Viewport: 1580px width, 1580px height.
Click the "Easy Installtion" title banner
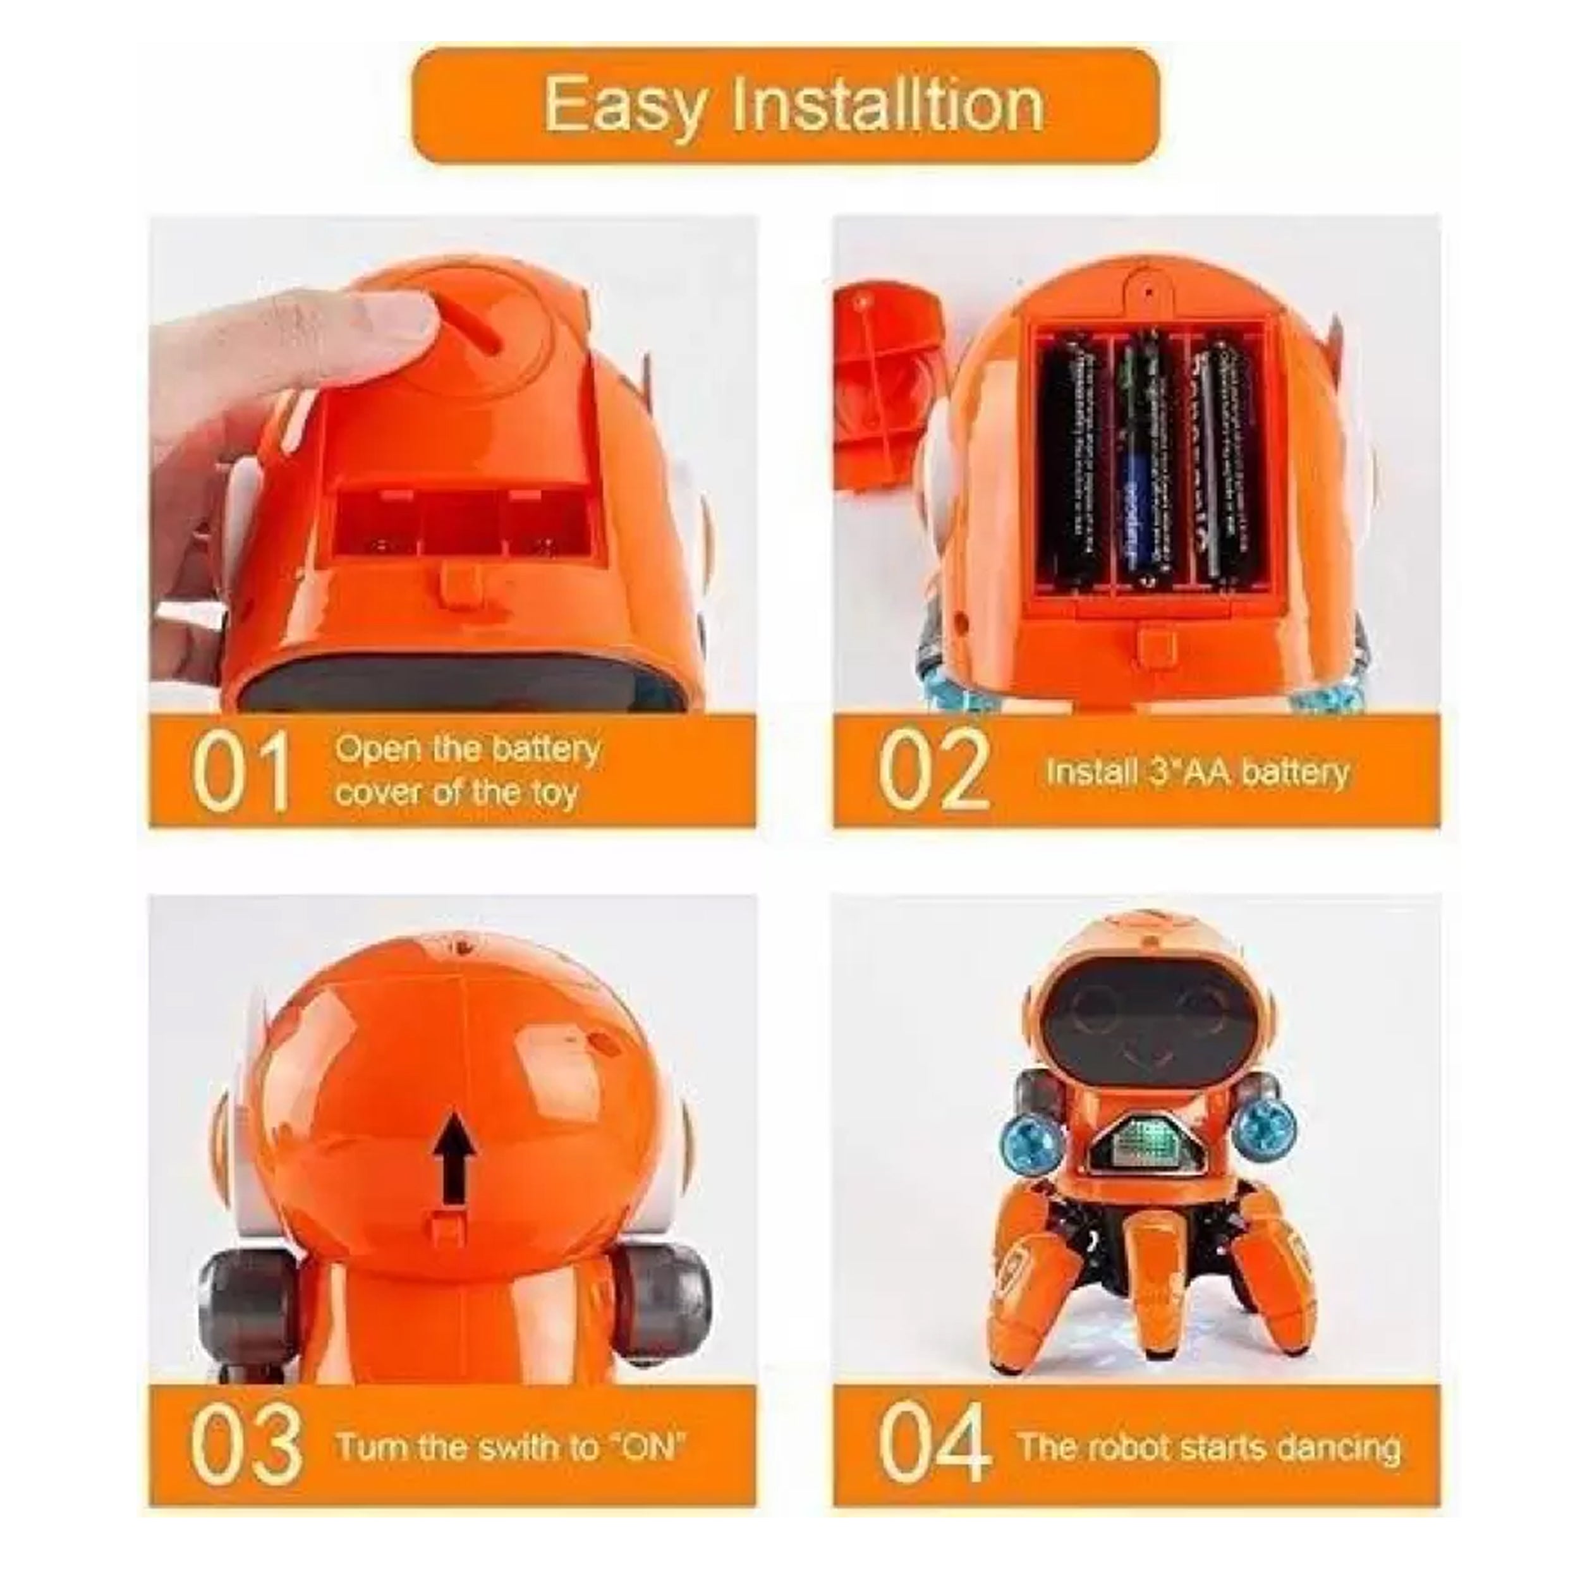[x=785, y=106]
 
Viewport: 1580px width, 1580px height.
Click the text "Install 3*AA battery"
[x=1196, y=772]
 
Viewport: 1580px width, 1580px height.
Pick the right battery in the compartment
[x=1224, y=462]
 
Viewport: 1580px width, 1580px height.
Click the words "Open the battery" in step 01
[x=467, y=748]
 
